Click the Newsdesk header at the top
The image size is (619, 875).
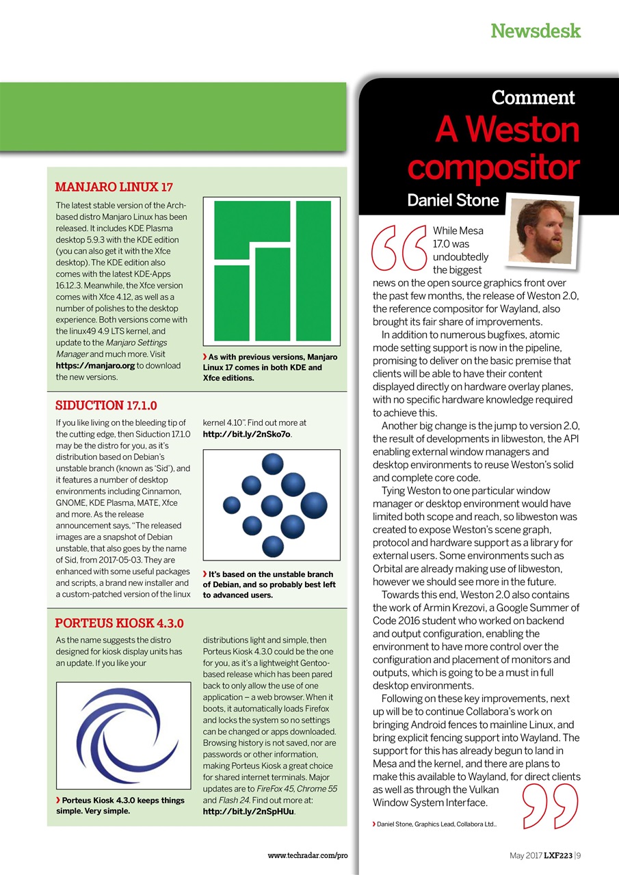[536, 31]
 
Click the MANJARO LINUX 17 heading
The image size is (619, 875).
[114, 187]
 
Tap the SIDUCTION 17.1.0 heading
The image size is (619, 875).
[106, 405]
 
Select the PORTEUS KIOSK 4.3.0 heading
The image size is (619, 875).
[119, 623]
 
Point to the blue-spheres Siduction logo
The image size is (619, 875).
[272, 505]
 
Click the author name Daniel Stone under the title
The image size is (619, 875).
[453, 201]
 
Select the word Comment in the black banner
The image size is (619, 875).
[533, 98]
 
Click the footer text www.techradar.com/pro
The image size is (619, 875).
[308, 856]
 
